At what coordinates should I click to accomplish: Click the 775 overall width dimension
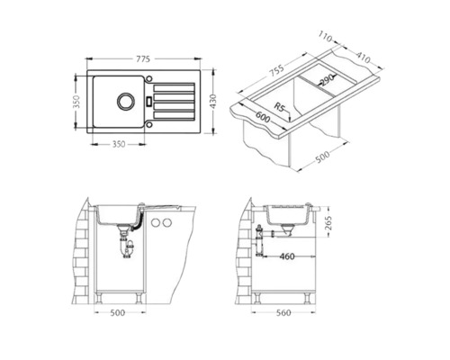[x=143, y=59]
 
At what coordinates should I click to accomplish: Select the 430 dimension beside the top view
[x=212, y=101]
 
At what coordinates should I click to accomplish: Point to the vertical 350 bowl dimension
[x=76, y=102]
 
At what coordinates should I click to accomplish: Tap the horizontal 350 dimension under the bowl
[x=119, y=144]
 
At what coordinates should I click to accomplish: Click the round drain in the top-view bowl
[x=125, y=101]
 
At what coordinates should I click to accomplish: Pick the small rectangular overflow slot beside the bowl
[x=148, y=101]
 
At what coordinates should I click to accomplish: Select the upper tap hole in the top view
[x=148, y=78]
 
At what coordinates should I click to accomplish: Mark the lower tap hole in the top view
[x=148, y=123]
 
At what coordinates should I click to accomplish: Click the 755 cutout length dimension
[x=276, y=71]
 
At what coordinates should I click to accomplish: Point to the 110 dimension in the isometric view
[x=325, y=37]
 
